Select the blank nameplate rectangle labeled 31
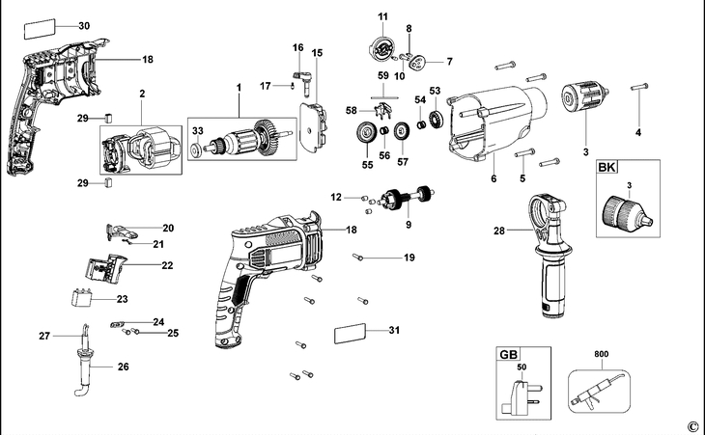(352, 334)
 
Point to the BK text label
(607, 169)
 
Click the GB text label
(508, 355)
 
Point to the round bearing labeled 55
(367, 135)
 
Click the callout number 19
(409, 258)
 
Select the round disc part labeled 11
(382, 48)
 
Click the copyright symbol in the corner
(691, 426)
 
